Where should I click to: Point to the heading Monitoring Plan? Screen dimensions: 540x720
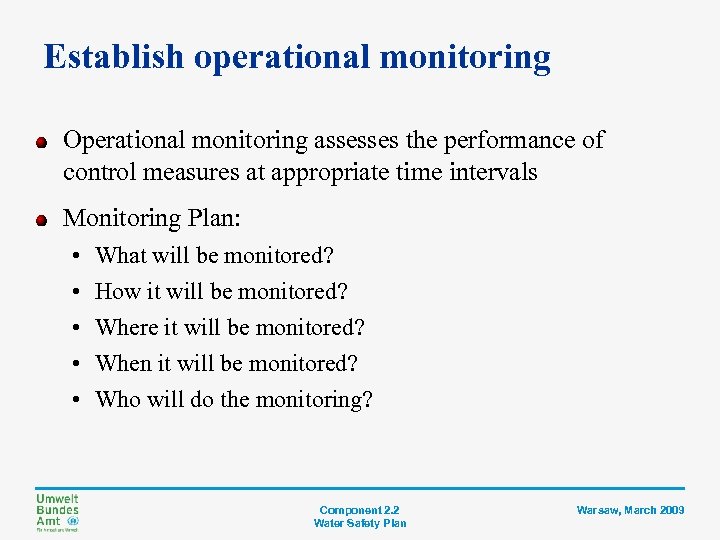tap(153, 218)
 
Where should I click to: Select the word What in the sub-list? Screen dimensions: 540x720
tap(120, 255)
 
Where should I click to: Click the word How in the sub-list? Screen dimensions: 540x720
tap(116, 291)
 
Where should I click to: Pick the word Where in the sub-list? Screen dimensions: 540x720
tap(125, 327)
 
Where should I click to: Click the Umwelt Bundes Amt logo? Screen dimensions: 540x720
tap(57, 512)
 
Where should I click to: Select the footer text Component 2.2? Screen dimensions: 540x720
tap(359, 510)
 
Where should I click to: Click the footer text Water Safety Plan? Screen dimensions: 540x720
tap(359, 523)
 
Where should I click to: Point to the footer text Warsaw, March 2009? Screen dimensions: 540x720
tap(630, 510)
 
